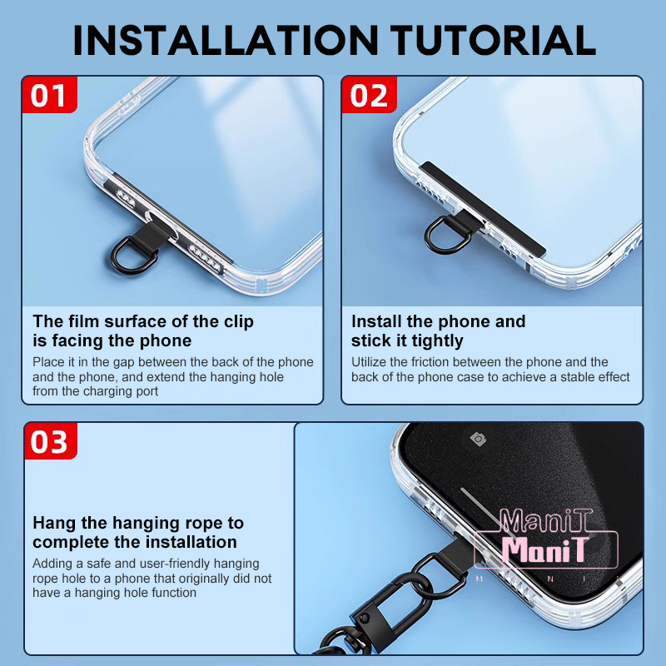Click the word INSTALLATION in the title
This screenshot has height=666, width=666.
coord(225,40)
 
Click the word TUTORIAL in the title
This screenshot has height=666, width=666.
coord(493,40)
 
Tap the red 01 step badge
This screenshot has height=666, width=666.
coord(49,95)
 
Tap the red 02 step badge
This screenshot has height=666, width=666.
coord(369,95)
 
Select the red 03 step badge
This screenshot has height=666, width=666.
coord(51,441)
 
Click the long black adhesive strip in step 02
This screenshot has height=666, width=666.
coord(482,208)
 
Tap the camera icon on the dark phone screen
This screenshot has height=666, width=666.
coord(478,439)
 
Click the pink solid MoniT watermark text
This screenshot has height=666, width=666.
coord(545,549)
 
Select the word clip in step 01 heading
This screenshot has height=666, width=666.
coord(239,322)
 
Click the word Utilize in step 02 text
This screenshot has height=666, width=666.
coord(368,362)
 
